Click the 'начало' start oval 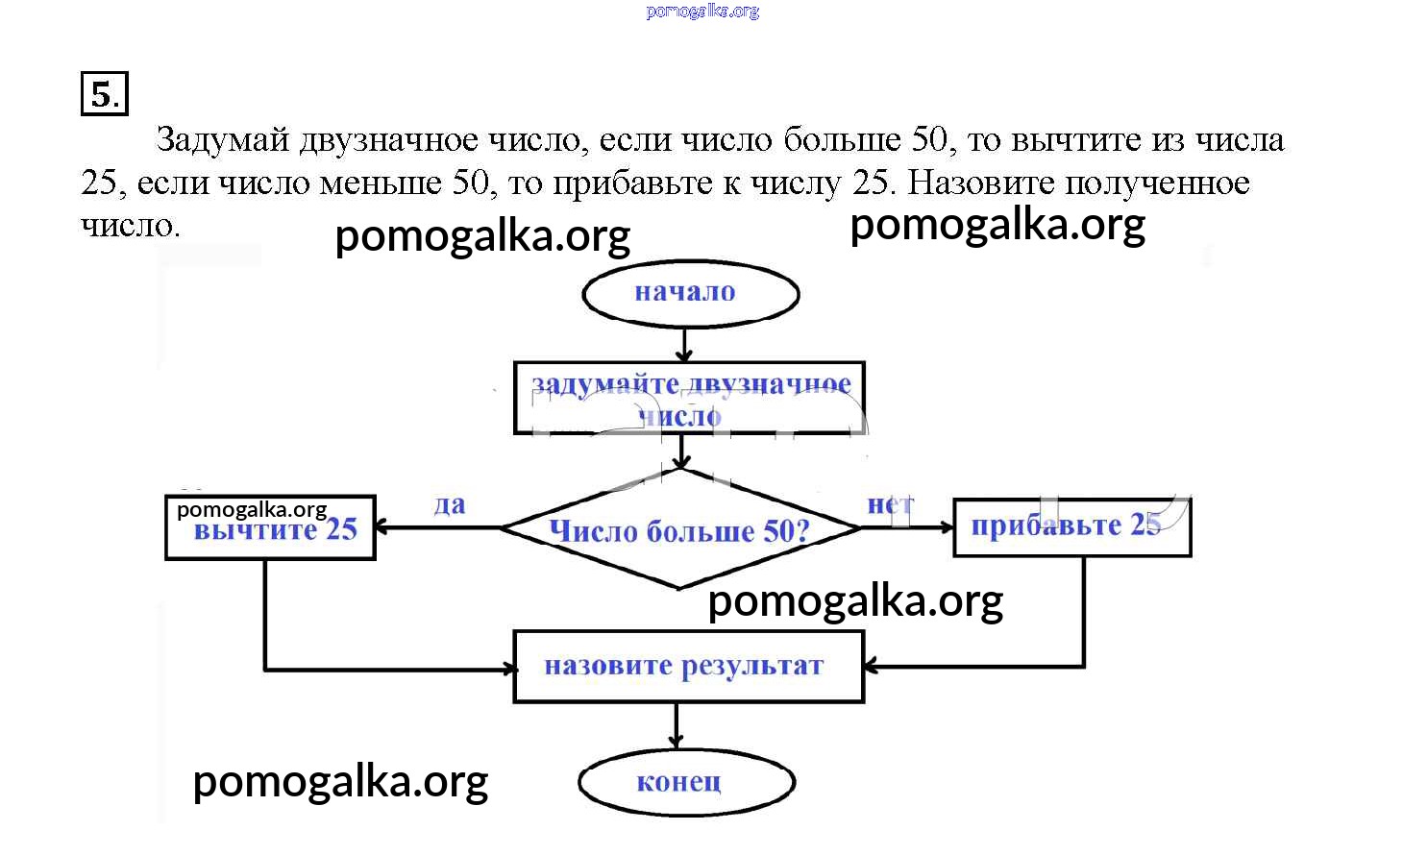click(x=690, y=293)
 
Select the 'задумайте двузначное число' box click(x=689, y=399)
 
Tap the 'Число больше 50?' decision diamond click(x=679, y=529)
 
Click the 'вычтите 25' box click(x=271, y=528)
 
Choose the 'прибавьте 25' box click(x=1071, y=526)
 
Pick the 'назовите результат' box click(x=688, y=667)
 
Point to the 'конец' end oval click(x=686, y=782)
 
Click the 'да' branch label click(x=450, y=505)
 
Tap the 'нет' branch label click(x=890, y=504)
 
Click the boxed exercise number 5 click(x=104, y=94)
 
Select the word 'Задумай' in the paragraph click(x=222, y=141)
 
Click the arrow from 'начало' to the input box click(x=683, y=344)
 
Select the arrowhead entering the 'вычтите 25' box click(x=381, y=527)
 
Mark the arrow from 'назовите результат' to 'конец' click(x=677, y=725)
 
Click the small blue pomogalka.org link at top click(x=702, y=12)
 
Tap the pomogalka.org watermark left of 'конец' click(x=340, y=782)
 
